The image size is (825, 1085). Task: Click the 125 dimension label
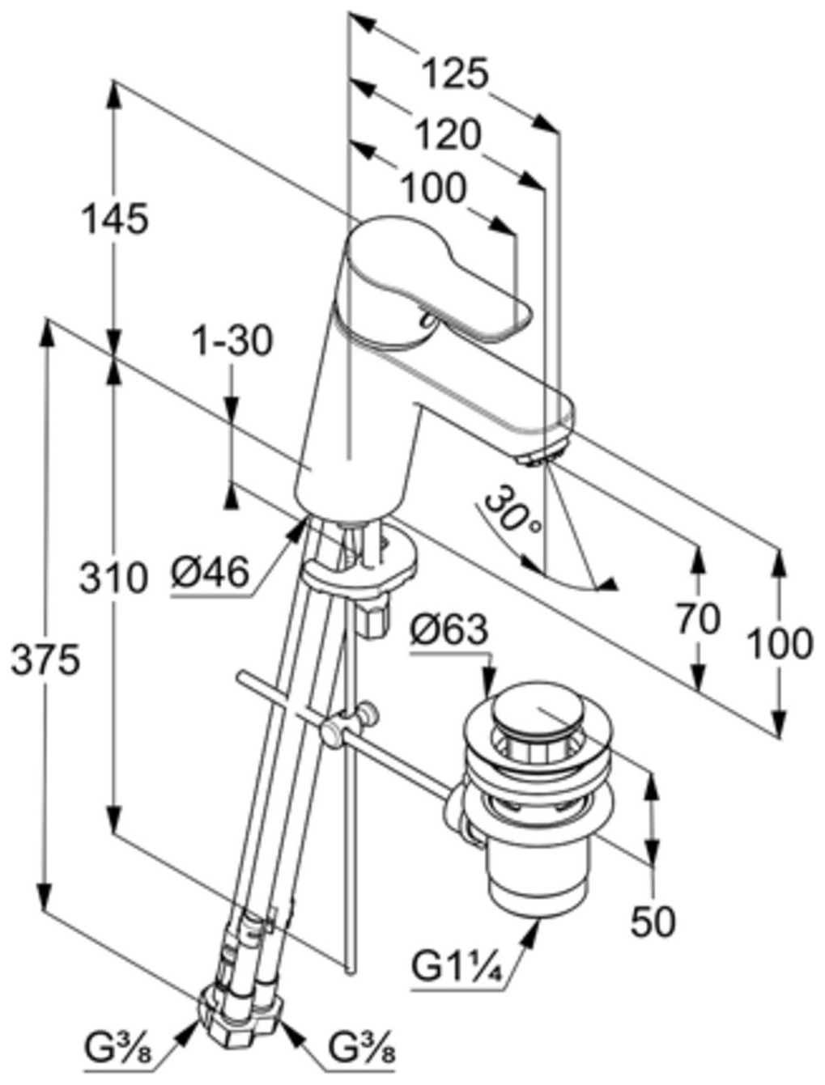pos(456,74)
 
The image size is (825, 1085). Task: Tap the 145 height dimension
pos(115,219)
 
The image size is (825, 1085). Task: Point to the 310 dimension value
pos(113,579)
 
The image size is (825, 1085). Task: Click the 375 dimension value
pos(45,661)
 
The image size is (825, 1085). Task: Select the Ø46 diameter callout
pos(210,574)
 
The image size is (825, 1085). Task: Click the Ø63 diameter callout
pos(449,629)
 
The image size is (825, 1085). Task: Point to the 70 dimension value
pos(698,620)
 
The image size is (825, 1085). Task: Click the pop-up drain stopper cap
pos(534,713)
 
